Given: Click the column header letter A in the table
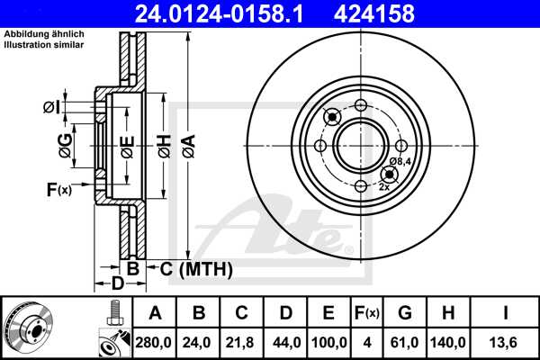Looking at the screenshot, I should point(155,313).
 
